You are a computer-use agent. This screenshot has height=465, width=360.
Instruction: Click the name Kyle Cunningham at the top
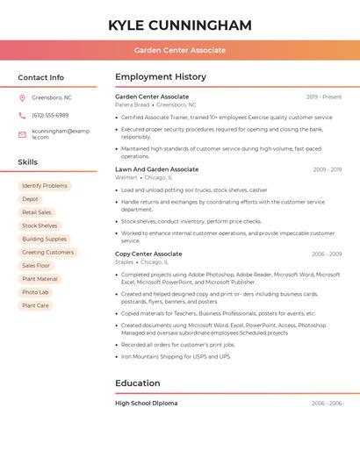tap(180, 25)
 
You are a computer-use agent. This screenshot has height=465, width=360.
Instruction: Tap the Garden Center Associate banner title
tap(180, 50)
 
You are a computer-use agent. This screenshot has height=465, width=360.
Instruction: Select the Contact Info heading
tap(41, 77)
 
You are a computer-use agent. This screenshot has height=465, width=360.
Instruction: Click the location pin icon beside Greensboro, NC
tap(22, 97)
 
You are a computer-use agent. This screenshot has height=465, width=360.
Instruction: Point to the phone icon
tap(22, 115)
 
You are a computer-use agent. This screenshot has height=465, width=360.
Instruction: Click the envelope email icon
tap(22, 133)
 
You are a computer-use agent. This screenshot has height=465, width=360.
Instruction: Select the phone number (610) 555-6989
tap(50, 115)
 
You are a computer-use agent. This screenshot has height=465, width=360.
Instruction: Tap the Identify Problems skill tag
tap(45, 186)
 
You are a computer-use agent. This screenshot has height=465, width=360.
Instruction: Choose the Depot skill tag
tap(31, 199)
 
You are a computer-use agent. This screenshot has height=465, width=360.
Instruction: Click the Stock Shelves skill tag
tap(40, 225)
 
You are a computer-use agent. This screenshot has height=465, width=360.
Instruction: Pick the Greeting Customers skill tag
tap(47, 252)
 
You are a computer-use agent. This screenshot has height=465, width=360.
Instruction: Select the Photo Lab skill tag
tap(36, 292)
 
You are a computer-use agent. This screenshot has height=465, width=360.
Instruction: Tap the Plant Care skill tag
tap(36, 305)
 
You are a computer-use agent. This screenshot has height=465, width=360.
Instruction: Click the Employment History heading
tap(161, 77)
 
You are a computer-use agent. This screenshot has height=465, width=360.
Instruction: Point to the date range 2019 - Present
tap(324, 97)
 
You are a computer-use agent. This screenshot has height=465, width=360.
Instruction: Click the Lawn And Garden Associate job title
tap(157, 169)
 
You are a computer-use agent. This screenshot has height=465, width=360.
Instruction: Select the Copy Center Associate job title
tap(148, 254)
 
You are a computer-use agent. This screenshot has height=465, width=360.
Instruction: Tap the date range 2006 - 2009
tap(327, 254)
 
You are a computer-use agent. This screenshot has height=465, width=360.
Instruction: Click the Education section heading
tap(138, 383)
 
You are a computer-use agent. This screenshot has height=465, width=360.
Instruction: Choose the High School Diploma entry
tap(147, 404)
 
